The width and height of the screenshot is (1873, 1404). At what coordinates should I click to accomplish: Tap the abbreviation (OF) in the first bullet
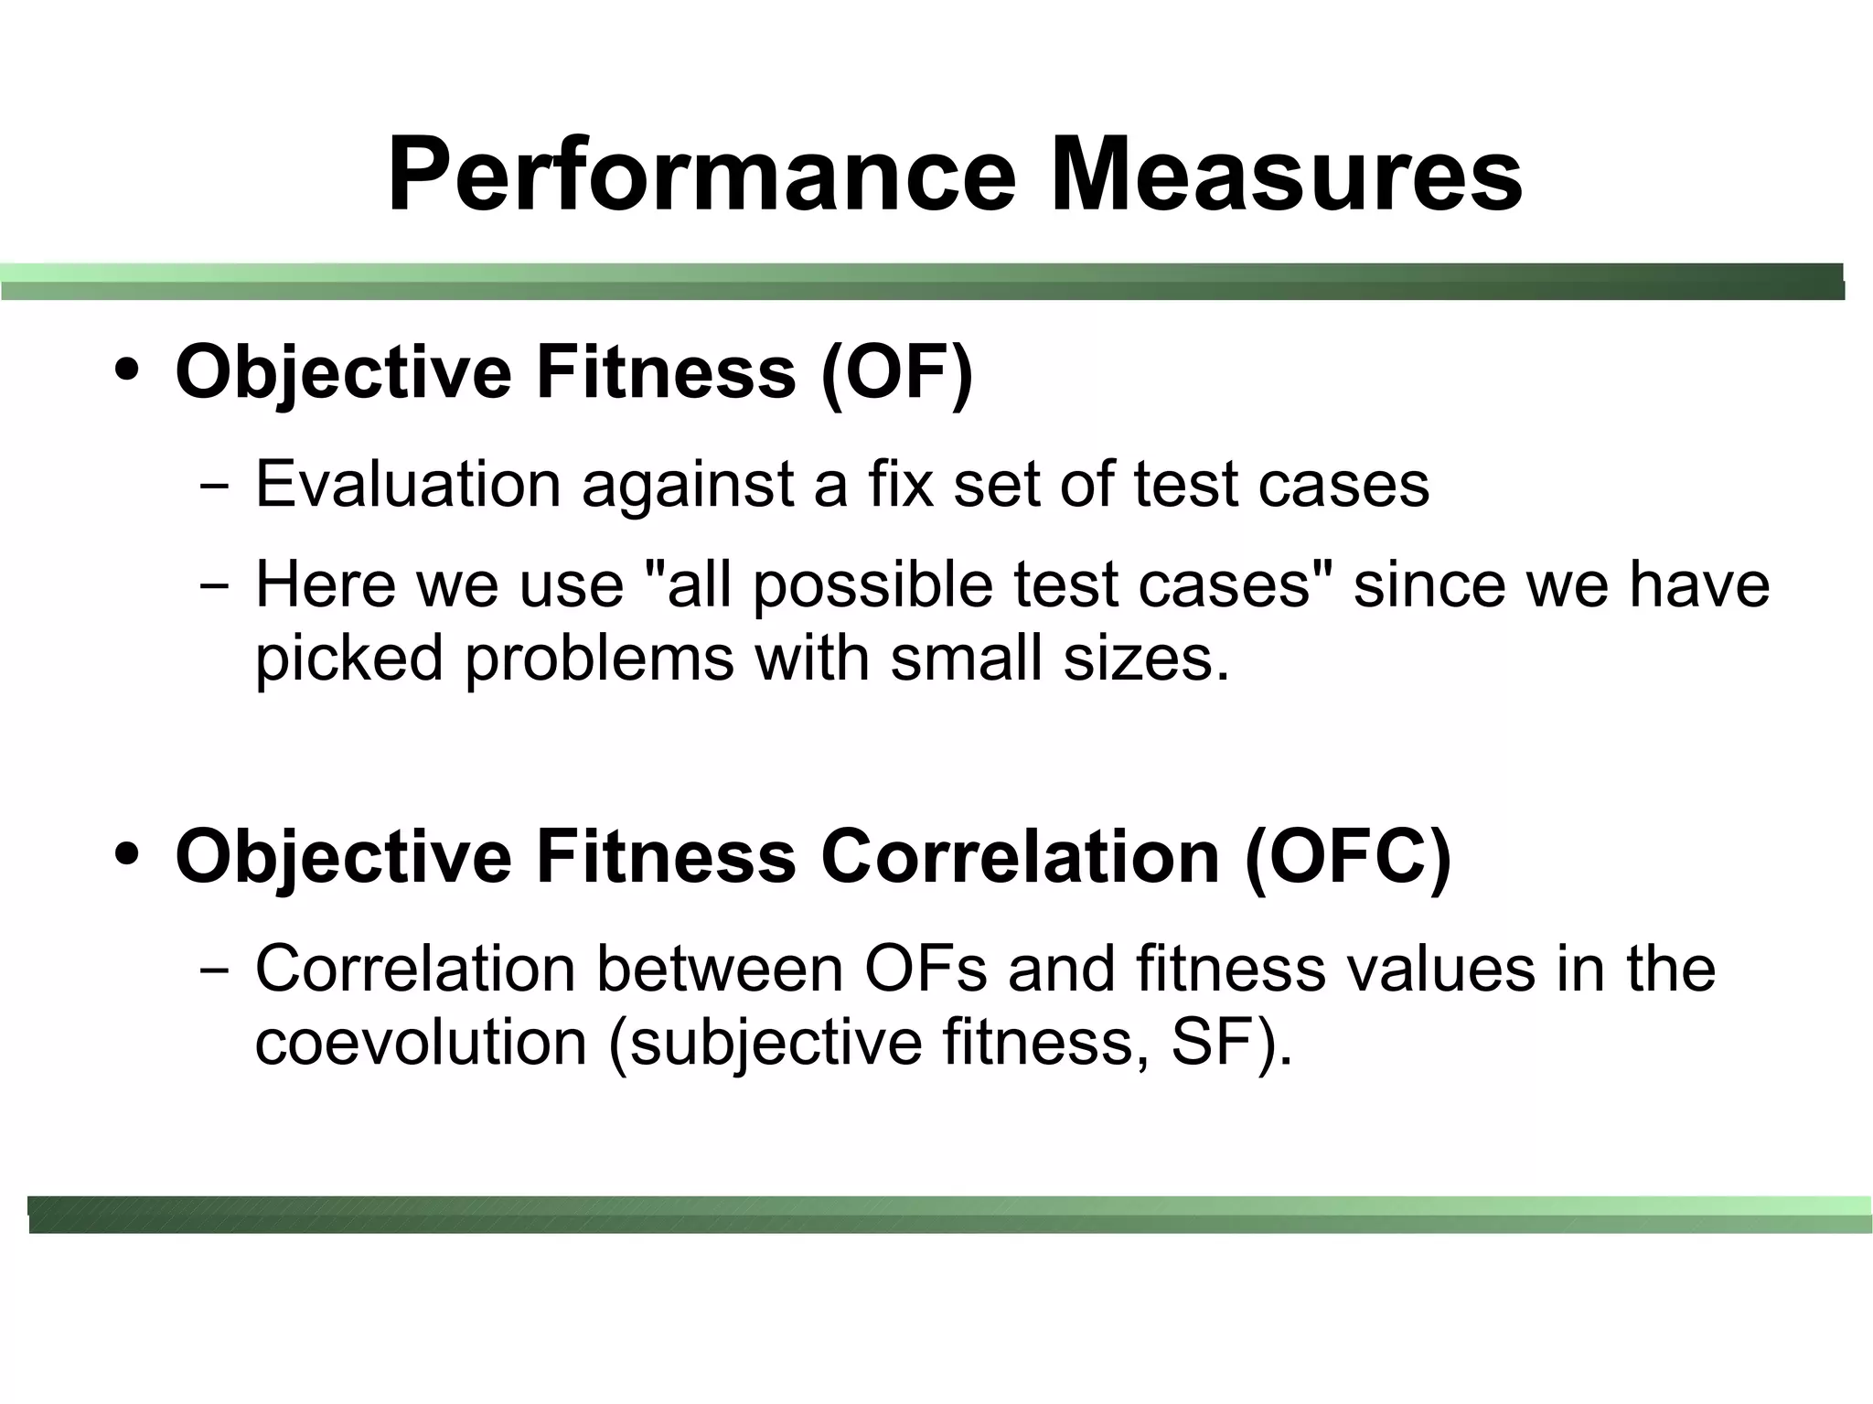896,372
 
